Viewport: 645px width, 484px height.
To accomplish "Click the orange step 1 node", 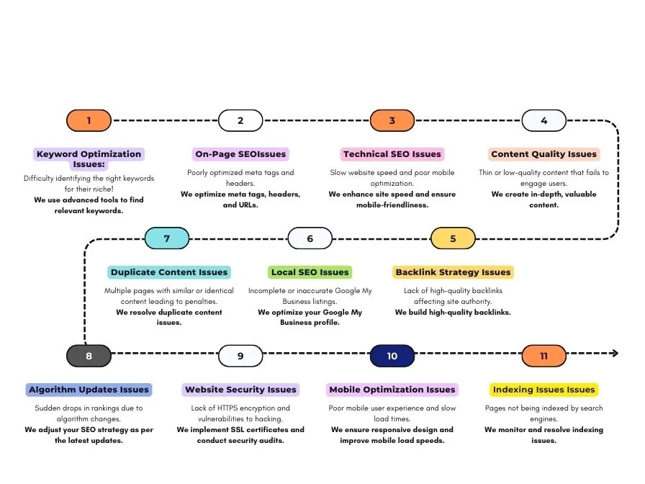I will point(89,120).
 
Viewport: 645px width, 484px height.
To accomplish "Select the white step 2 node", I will point(240,120).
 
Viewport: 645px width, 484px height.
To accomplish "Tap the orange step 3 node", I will point(392,120).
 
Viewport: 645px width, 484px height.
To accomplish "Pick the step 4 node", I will point(543,120).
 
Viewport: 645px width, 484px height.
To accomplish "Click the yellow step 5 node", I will point(453,238).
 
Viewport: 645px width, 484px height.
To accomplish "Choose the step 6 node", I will point(310,238).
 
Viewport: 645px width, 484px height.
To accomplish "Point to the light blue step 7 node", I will point(166,238).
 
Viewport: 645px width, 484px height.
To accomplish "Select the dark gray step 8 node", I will point(89,356).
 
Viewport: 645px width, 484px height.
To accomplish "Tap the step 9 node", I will point(240,356).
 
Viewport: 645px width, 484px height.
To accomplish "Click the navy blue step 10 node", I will point(392,356).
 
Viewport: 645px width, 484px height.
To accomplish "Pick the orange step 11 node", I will point(543,356).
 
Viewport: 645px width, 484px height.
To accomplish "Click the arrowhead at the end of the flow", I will point(614,353).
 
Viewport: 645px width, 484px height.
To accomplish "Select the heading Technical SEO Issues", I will point(392,154).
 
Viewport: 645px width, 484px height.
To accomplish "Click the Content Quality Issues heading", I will point(544,154).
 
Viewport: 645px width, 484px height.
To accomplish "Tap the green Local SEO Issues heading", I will point(310,272).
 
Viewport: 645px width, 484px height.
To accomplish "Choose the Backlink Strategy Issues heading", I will point(453,272).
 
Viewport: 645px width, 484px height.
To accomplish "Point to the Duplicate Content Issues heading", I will point(169,272).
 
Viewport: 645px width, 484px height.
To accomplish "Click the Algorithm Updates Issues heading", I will point(89,390).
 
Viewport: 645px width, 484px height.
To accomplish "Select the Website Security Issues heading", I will point(240,390).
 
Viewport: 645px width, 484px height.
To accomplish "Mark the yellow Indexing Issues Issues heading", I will point(543,390).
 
